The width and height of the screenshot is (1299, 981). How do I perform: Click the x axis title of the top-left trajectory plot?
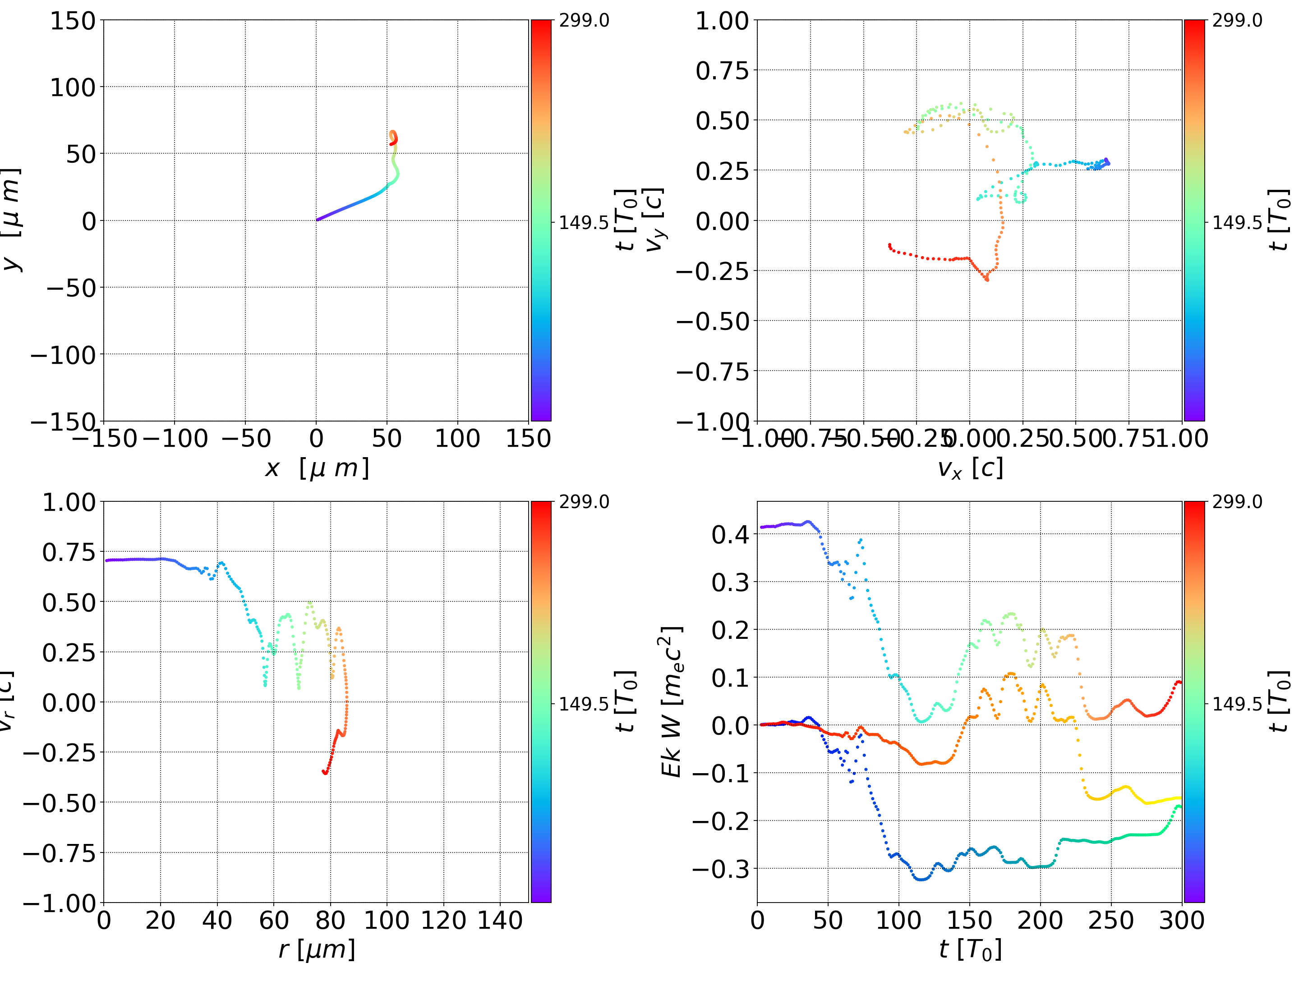pyautogui.click(x=317, y=468)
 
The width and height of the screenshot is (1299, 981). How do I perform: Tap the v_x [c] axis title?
pyautogui.click(x=970, y=468)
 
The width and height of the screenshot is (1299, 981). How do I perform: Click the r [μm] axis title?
pyautogui.click(x=317, y=949)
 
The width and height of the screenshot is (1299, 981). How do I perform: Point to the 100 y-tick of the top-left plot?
pyautogui.click(x=73, y=87)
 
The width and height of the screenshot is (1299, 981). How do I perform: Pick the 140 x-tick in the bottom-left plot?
pyautogui.click(x=500, y=920)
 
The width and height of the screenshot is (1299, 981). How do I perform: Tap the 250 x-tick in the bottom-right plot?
pyautogui.click(x=1110, y=920)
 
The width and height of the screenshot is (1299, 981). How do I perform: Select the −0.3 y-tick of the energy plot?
pyautogui.click(x=721, y=868)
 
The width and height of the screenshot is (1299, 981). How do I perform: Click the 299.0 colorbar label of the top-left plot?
pyautogui.click(x=584, y=21)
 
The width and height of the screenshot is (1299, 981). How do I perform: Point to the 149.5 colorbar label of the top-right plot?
pyautogui.click(x=1237, y=223)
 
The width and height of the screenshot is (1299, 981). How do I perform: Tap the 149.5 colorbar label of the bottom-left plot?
pyautogui.click(x=584, y=703)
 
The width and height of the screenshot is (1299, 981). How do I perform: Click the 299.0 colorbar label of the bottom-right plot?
pyautogui.click(x=1237, y=502)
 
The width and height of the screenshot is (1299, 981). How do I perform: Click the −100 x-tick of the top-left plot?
pyautogui.click(x=175, y=439)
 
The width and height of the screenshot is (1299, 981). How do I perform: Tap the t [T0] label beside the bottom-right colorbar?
pyautogui.click(x=1279, y=701)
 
